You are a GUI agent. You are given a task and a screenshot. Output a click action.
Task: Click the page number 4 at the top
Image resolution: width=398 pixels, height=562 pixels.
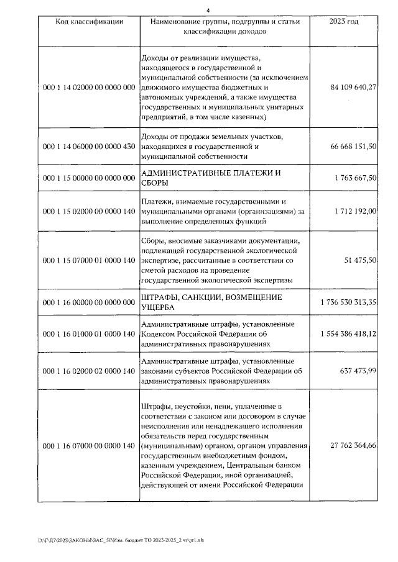208,10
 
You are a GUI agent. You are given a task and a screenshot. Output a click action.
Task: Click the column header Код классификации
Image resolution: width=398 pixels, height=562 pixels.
89,22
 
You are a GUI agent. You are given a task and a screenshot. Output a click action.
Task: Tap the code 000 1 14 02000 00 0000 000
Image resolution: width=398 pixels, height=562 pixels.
89,88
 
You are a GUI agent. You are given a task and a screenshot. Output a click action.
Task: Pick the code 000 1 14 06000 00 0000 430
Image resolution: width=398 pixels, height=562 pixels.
89,146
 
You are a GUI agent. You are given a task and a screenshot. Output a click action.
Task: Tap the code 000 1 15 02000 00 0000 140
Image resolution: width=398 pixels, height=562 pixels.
89,211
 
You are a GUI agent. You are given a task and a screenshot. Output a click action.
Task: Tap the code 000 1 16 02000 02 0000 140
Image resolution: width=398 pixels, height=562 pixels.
89,371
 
